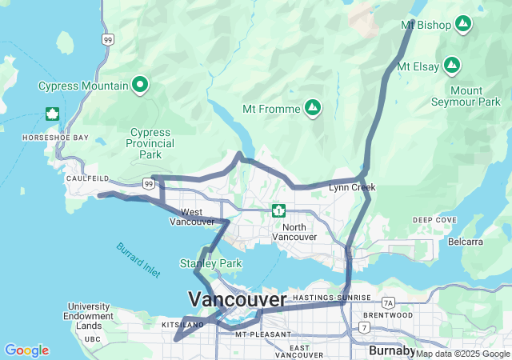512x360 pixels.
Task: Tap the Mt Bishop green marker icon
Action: click(x=462, y=25)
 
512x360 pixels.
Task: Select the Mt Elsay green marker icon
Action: click(x=453, y=64)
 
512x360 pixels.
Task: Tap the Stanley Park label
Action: click(x=210, y=263)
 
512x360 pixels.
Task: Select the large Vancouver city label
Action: click(x=237, y=299)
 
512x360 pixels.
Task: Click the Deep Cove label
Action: click(x=435, y=220)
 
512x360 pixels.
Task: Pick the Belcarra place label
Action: click(x=466, y=241)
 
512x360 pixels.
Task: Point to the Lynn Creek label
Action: click(x=352, y=187)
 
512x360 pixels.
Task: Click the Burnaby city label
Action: click(x=392, y=350)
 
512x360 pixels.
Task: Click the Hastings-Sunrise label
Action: click(x=331, y=298)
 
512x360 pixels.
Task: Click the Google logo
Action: click(x=26, y=350)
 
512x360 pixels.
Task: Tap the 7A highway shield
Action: click(x=389, y=302)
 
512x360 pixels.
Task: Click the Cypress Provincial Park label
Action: click(x=150, y=143)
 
